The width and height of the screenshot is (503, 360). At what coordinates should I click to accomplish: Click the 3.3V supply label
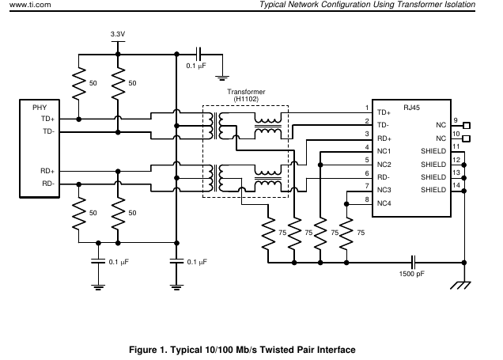point(117,33)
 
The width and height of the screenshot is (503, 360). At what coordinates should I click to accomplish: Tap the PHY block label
point(40,107)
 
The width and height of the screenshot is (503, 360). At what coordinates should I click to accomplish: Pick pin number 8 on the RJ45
point(366,199)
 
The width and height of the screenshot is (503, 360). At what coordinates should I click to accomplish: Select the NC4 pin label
point(385,203)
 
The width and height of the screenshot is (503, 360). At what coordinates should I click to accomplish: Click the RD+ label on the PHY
point(47,170)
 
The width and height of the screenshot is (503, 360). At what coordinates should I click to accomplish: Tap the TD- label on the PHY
point(47,131)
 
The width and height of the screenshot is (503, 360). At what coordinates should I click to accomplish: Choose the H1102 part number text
point(246,99)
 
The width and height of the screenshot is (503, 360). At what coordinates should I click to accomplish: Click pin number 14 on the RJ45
point(456,185)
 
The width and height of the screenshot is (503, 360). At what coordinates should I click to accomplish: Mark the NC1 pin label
point(385,151)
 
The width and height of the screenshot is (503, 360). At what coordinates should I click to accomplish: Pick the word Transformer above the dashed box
point(246,91)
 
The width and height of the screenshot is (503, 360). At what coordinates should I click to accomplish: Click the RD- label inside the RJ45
point(384,177)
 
